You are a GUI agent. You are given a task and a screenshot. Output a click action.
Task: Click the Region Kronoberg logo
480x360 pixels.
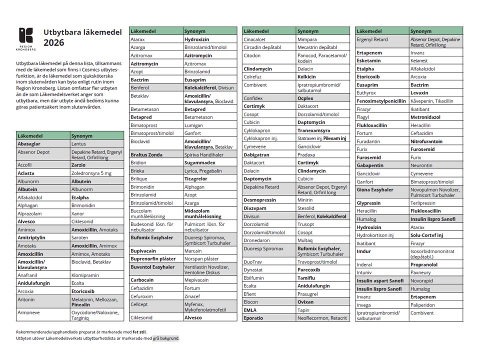click(26, 38)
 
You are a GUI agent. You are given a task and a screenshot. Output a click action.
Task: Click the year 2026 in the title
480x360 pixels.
click(53, 43)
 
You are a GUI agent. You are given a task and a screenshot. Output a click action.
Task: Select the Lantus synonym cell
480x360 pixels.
click(78, 143)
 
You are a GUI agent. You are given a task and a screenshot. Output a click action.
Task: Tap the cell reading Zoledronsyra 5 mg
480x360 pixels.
click(91, 173)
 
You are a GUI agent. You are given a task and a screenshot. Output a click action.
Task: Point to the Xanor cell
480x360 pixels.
click(77, 213)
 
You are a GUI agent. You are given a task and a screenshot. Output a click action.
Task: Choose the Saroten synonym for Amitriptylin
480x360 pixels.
click(79, 237)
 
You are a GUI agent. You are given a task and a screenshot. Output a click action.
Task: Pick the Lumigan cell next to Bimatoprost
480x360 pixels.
click(194, 125)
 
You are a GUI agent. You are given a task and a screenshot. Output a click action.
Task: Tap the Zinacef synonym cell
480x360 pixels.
click(193, 296)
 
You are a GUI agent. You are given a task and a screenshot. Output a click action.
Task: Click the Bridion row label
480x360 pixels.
click(138, 163)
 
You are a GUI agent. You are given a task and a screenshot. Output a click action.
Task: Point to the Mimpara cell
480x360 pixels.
click(307, 39)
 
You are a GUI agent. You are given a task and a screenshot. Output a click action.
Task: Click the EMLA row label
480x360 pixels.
click(250, 310)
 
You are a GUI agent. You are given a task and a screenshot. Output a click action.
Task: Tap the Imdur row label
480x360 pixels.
click(363, 251)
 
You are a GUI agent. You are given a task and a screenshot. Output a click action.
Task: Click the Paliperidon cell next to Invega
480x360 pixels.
click(424, 305)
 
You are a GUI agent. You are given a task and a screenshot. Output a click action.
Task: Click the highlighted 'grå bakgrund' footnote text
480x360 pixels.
click(165, 338)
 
